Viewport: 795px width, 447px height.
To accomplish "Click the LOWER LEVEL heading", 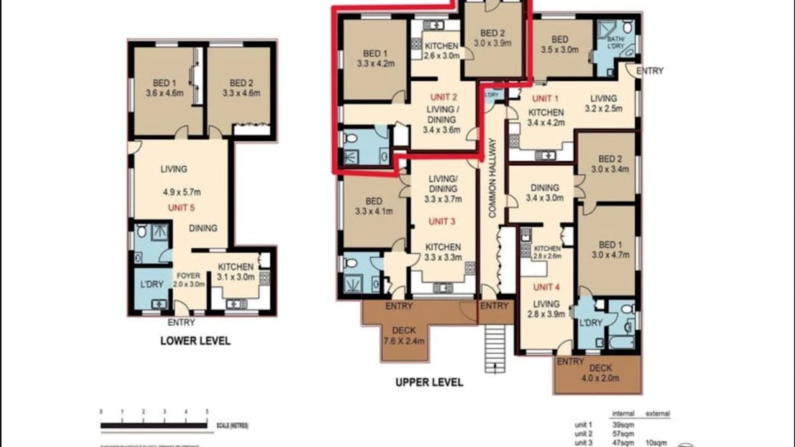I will [195, 341].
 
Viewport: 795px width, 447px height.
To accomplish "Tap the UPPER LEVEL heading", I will [429, 382].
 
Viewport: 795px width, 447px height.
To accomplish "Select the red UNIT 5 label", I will [181, 208].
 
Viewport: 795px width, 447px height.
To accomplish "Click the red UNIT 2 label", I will [443, 97].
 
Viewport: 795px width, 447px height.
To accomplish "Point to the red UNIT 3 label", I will [442, 222].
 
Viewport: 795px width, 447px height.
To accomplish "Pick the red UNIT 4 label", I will [546, 287].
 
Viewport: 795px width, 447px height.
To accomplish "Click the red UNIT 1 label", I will [542, 98].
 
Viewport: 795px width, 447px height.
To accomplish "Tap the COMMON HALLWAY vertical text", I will [493, 178].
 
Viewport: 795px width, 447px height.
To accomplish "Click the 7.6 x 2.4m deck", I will [404, 335].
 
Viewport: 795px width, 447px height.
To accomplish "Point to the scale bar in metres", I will [154, 425].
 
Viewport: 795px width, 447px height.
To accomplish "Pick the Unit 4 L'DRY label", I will [590, 322].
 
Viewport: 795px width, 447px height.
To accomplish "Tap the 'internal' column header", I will [622, 413].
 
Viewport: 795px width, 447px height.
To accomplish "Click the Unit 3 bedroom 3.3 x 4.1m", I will [373, 206].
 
